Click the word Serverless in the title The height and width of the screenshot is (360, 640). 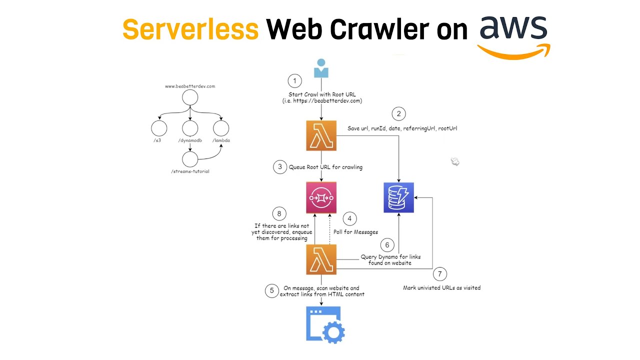point(190,29)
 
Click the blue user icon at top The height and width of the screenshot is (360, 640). point(321,68)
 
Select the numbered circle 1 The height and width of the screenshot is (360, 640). point(294,81)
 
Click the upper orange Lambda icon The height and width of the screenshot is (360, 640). point(321,135)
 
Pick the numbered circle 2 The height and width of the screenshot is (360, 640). point(398,114)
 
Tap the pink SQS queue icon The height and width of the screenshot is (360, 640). point(321,197)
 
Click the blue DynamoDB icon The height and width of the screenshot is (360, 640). point(398,197)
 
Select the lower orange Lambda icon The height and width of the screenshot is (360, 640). point(321,259)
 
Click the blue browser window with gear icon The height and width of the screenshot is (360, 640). point(325,324)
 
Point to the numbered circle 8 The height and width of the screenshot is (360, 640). point(280,213)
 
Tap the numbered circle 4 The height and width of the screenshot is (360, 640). point(350,218)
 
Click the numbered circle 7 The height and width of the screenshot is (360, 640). point(439,273)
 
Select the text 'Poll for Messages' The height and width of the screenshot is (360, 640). point(355,232)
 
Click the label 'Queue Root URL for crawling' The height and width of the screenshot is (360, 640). point(325,167)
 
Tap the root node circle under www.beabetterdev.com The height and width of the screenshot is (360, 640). point(190,97)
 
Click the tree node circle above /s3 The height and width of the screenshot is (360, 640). point(159,128)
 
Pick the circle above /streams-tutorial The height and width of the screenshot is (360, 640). point(190,159)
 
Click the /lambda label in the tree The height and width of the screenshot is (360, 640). point(221,140)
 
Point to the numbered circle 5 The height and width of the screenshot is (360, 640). point(272,290)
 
